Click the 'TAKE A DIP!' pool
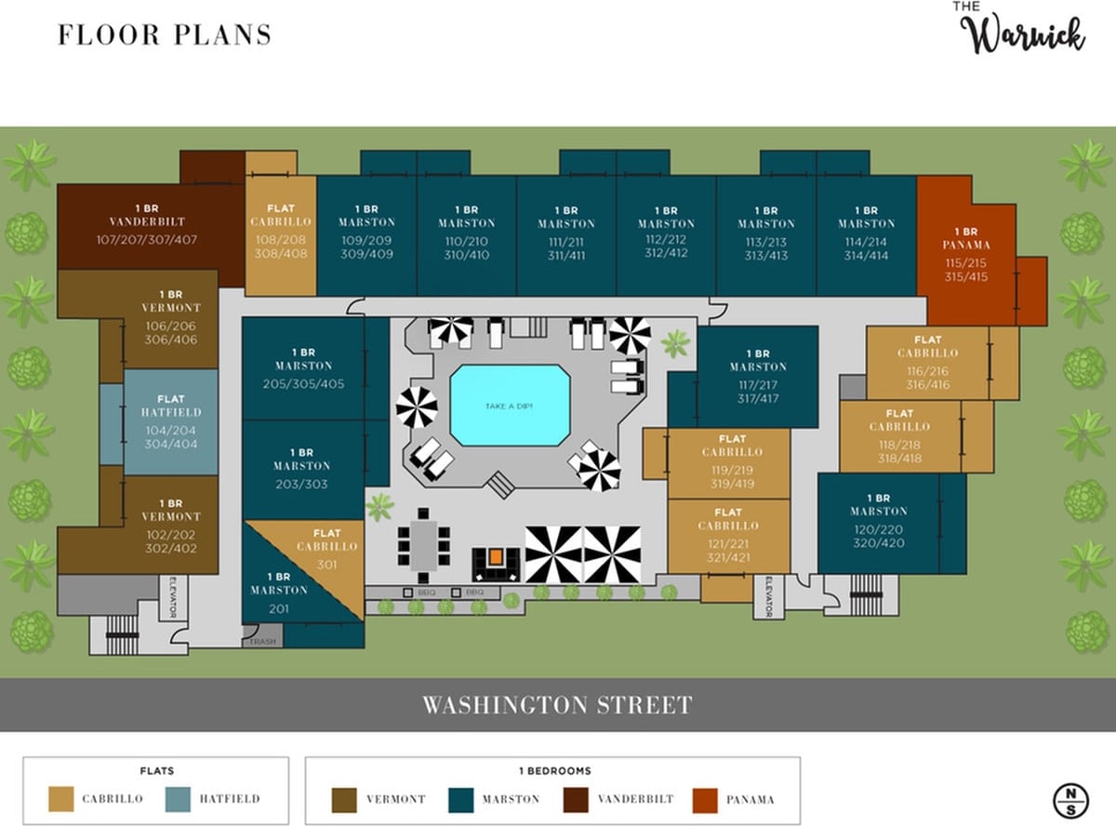(x=510, y=406)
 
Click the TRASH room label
(x=262, y=641)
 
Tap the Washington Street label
(x=557, y=705)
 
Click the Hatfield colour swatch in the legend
(x=177, y=799)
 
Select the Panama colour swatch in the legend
(x=706, y=799)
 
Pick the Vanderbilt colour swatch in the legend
(x=577, y=799)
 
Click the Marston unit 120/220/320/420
(x=878, y=525)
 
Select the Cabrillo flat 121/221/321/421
(x=728, y=538)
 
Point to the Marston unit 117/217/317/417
(x=757, y=377)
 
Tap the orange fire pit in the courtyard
(x=496, y=557)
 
